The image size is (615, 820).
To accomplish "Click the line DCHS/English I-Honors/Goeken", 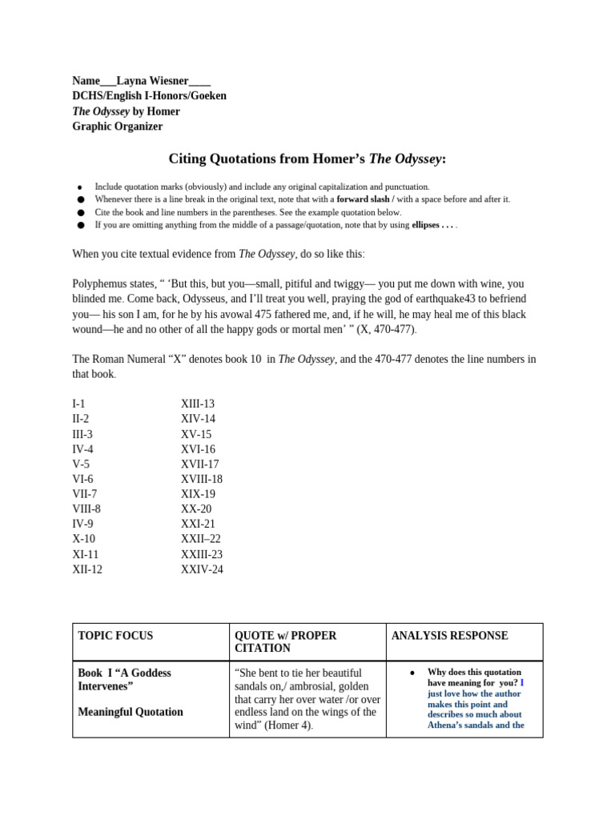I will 149,96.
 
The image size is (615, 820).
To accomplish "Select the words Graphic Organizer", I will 117,127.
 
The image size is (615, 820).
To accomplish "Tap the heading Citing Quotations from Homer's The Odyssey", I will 307,159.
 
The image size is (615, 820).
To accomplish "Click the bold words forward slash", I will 365,199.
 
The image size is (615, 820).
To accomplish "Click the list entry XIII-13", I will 198,404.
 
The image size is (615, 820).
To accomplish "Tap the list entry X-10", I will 84,539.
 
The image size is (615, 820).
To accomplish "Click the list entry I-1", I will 78,404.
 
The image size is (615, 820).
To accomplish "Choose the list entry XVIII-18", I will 202,479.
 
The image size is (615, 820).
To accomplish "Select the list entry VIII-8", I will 86,508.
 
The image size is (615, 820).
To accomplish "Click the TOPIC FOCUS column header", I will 115,636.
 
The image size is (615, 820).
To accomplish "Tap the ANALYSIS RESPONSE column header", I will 449,636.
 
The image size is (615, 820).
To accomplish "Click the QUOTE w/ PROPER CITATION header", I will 286,641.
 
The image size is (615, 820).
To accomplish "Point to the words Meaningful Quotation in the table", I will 131,712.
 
